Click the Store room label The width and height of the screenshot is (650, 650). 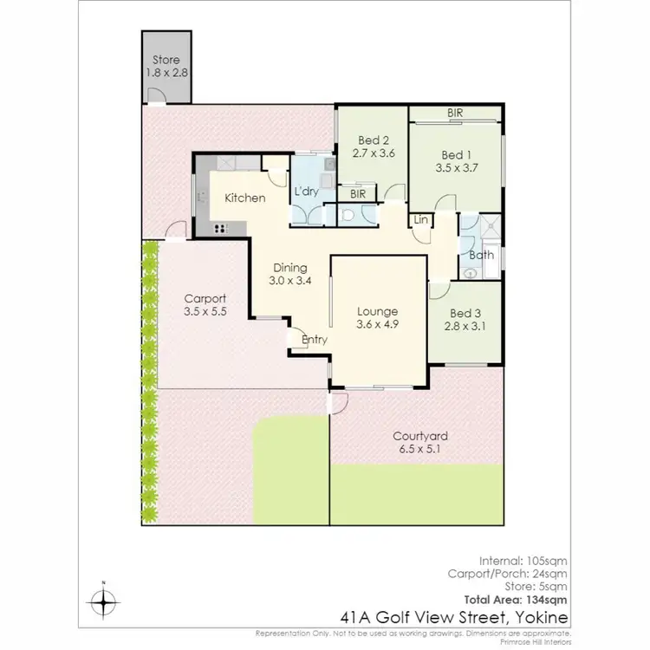tap(166, 60)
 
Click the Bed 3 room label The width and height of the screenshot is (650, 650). tap(466, 313)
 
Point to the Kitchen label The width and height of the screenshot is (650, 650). tap(244, 198)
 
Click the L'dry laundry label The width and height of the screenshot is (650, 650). tap(308, 192)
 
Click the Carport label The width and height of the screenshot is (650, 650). tap(205, 298)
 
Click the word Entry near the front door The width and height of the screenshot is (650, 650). tap(315, 340)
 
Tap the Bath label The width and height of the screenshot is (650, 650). tap(481, 255)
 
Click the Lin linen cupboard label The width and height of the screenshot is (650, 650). tap(421, 220)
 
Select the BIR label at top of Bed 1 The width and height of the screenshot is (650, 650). tap(455, 114)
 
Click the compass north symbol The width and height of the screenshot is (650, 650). tap(103, 599)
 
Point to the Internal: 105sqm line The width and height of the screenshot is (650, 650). tap(526, 561)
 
